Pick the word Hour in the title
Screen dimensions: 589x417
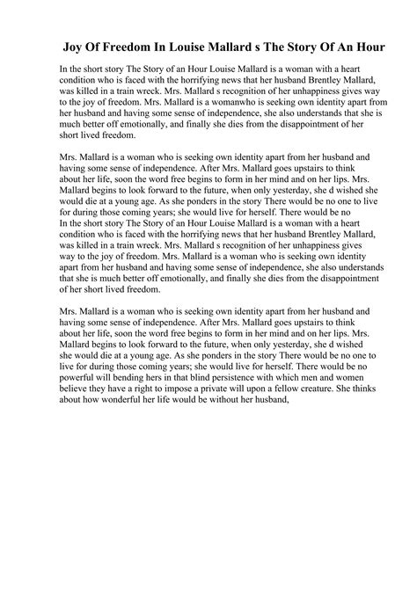tap(392, 45)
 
